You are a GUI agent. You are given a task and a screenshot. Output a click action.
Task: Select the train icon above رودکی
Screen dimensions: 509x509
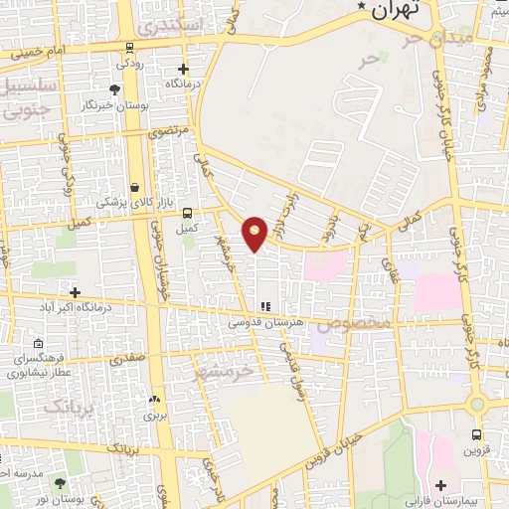click(x=130, y=48)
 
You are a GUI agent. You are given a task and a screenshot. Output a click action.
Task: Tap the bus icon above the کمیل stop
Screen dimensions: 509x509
click(x=186, y=212)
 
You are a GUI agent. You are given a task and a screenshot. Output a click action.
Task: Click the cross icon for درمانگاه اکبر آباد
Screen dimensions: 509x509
click(x=76, y=291)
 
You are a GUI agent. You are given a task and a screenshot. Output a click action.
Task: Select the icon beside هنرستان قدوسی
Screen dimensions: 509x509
click(x=263, y=307)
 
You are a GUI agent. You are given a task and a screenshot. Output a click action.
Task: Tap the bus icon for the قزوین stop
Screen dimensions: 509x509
click(x=477, y=434)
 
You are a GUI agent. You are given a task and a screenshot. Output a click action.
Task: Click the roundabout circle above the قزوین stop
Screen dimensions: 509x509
click(x=478, y=405)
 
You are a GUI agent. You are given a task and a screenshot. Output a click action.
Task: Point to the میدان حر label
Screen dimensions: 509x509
click(x=433, y=40)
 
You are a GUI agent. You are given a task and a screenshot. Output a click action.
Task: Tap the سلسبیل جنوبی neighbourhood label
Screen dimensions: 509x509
click(x=31, y=98)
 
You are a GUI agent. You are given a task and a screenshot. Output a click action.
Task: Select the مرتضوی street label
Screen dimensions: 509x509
click(x=165, y=129)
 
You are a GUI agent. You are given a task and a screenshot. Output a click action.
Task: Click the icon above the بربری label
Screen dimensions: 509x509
click(x=154, y=399)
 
